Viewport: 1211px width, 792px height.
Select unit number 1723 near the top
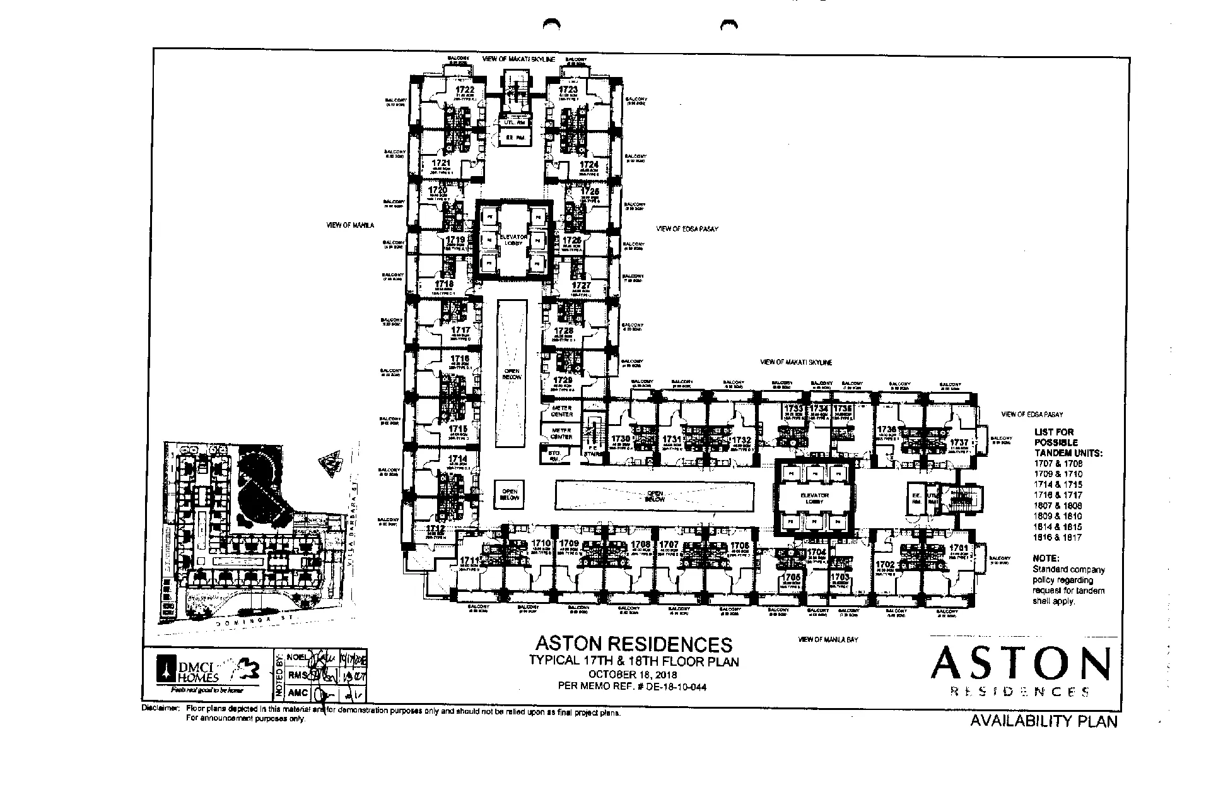click(568, 90)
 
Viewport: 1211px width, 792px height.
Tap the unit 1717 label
click(461, 330)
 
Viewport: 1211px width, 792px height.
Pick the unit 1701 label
click(959, 548)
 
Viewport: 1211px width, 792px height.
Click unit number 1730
click(621, 439)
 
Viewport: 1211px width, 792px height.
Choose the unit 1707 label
click(669, 544)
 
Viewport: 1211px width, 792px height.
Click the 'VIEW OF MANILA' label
click(350, 225)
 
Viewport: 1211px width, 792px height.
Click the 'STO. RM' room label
click(555, 455)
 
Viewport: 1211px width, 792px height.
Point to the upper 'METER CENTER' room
click(561, 411)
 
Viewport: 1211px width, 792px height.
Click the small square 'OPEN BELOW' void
click(510, 494)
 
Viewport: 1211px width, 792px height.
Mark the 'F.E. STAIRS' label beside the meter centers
click(592, 450)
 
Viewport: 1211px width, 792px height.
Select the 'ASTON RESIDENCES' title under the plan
click(633, 644)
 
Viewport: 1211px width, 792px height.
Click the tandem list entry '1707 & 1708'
click(1058, 463)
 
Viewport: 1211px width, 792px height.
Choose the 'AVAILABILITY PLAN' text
click(1043, 721)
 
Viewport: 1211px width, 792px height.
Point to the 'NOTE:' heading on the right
click(1046, 559)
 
